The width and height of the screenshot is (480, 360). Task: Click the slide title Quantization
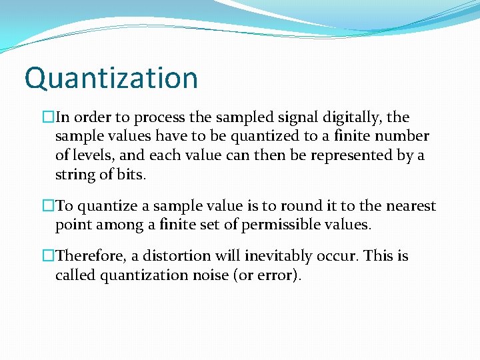pos(111,78)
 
